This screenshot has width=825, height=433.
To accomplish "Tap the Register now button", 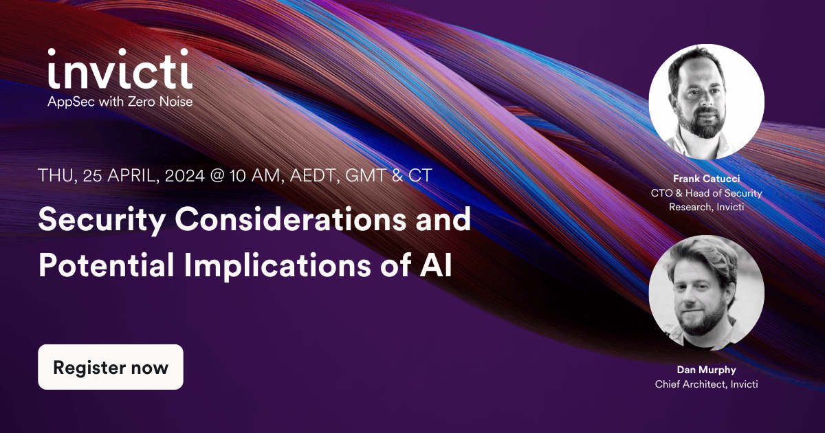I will (111, 367).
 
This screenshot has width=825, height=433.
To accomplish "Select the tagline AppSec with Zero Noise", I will (120, 102).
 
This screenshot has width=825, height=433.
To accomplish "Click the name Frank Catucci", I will (707, 179).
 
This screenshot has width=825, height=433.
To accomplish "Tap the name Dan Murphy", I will (707, 370).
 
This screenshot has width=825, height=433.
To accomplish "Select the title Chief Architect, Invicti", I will (707, 384).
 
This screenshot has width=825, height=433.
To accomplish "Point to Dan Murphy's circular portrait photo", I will (707, 293).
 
